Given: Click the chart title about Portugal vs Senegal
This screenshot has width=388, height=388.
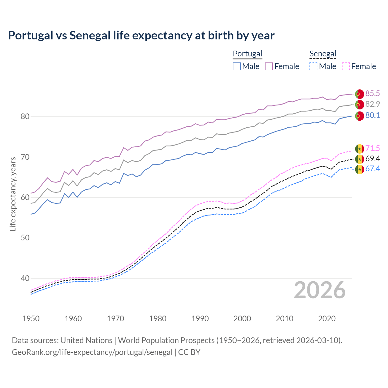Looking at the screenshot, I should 141,35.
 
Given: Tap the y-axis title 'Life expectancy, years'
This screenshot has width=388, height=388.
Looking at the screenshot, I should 13,194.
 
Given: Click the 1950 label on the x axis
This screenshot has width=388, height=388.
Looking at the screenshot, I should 31,319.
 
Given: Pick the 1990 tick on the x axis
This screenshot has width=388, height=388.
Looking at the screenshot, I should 200,319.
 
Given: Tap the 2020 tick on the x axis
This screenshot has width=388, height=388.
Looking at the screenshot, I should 327,319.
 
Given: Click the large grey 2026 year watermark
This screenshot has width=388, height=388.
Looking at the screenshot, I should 319,290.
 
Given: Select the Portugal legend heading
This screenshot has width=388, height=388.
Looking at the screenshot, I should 247,54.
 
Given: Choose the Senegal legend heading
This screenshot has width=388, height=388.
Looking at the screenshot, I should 323,54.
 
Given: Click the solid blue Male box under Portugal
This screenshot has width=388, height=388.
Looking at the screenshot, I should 237,66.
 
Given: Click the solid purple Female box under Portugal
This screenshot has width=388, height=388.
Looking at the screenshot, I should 269,66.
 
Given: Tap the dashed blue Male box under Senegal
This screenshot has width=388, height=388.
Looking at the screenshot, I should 313,66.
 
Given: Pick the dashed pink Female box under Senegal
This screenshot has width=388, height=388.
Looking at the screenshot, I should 346,66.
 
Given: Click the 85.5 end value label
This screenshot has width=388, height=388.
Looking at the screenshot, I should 373,94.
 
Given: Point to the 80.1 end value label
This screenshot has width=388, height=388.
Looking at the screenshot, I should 373,115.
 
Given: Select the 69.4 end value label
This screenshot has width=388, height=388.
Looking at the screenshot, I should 373,159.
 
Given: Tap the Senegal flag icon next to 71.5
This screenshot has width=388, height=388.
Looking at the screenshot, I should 360,149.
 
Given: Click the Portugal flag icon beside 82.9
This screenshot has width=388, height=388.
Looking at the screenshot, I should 360,105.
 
